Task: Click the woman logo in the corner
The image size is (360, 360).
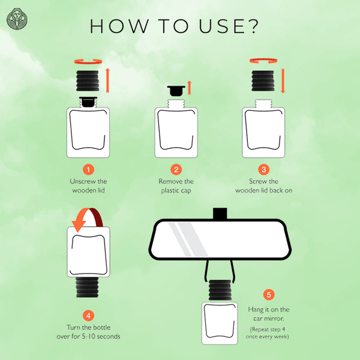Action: pyautogui.click(x=17, y=19)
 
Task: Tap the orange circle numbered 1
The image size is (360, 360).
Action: pyautogui.click(x=88, y=170)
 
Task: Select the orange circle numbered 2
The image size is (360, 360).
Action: pyautogui.click(x=176, y=170)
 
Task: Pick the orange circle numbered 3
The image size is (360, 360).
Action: pyautogui.click(x=264, y=170)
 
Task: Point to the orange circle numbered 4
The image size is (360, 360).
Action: pyautogui.click(x=88, y=316)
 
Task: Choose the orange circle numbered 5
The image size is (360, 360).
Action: pyautogui.click(x=269, y=295)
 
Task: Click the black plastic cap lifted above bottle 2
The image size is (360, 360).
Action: pyautogui.click(x=176, y=91)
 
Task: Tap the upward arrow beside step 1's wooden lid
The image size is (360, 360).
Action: pyautogui.click(x=107, y=80)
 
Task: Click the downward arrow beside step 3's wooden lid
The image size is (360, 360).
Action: pyautogui.click(x=283, y=80)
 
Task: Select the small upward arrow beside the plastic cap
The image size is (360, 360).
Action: pyautogui.click(x=189, y=88)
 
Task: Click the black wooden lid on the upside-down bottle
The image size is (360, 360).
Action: pyautogui.click(x=88, y=287)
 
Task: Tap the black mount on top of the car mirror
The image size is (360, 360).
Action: pyautogui.click(x=220, y=214)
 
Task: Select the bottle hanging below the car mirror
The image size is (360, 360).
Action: pyautogui.click(x=220, y=312)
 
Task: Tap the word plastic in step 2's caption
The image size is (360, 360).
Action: pyautogui.click(x=169, y=191)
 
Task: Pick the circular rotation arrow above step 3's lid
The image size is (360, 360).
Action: pyautogui.click(x=263, y=61)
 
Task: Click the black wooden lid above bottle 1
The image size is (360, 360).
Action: pyautogui.click(x=88, y=81)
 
